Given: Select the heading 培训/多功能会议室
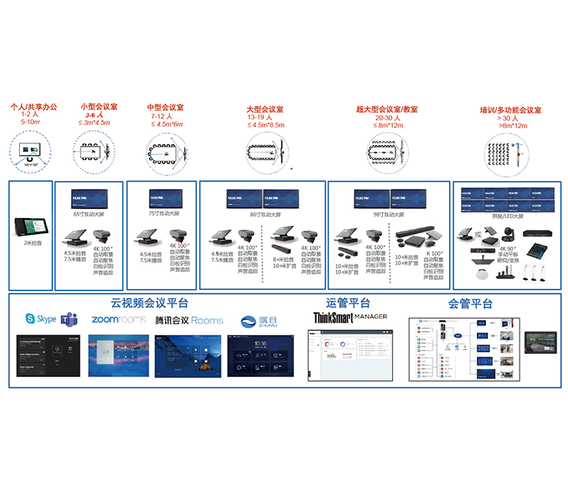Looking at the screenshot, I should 510,110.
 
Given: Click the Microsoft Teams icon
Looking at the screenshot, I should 70,319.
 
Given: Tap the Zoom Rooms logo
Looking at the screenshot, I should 119,319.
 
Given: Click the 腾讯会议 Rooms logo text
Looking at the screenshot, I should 189,319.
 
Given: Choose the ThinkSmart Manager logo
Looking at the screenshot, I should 350,316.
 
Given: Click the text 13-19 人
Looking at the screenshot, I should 265,118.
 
